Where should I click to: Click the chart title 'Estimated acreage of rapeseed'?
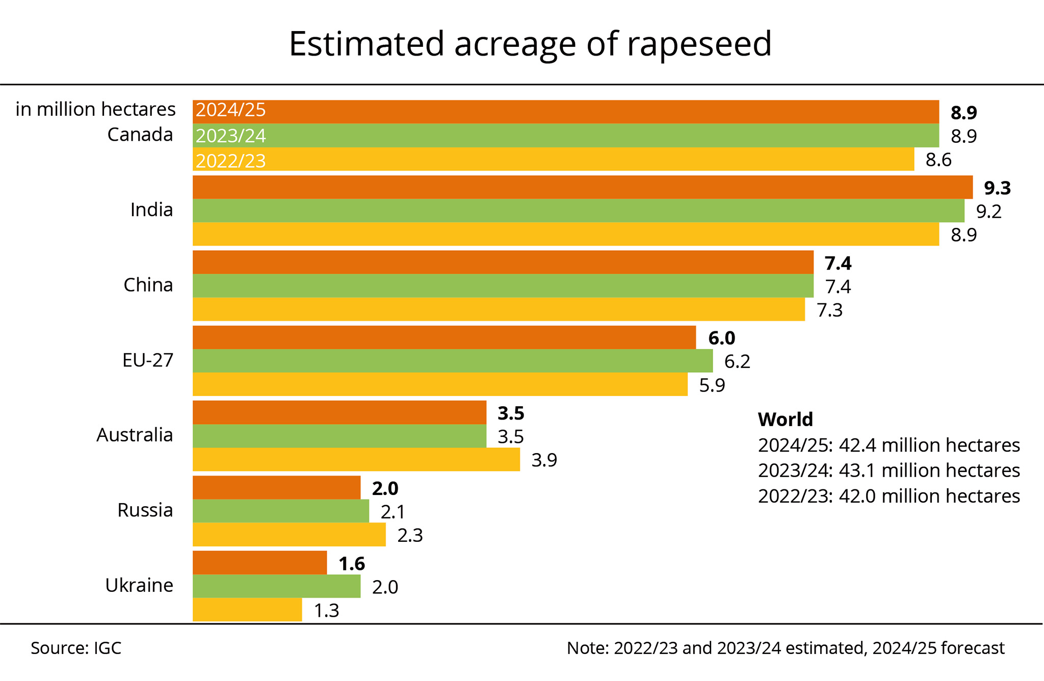(x=530, y=44)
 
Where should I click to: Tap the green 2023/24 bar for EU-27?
(x=452, y=361)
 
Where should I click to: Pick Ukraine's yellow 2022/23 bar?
(x=247, y=610)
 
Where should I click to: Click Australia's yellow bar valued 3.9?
(x=356, y=459)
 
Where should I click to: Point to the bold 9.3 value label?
(x=997, y=188)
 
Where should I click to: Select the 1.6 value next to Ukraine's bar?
(x=352, y=564)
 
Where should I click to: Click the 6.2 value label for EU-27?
(x=737, y=361)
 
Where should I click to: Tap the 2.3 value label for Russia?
(x=410, y=535)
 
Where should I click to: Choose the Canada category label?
(x=140, y=135)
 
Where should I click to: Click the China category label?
(x=148, y=285)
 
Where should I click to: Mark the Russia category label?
(x=145, y=510)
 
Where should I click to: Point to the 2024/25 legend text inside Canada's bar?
(x=231, y=110)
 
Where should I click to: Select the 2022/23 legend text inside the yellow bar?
(x=231, y=161)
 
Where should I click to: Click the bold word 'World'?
(x=785, y=420)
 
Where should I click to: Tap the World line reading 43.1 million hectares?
(x=889, y=470)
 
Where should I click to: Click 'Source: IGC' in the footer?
(x=76, y=648)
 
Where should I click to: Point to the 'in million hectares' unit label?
(x=95, y=110)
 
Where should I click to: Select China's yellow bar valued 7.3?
(x=499, y=309)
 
